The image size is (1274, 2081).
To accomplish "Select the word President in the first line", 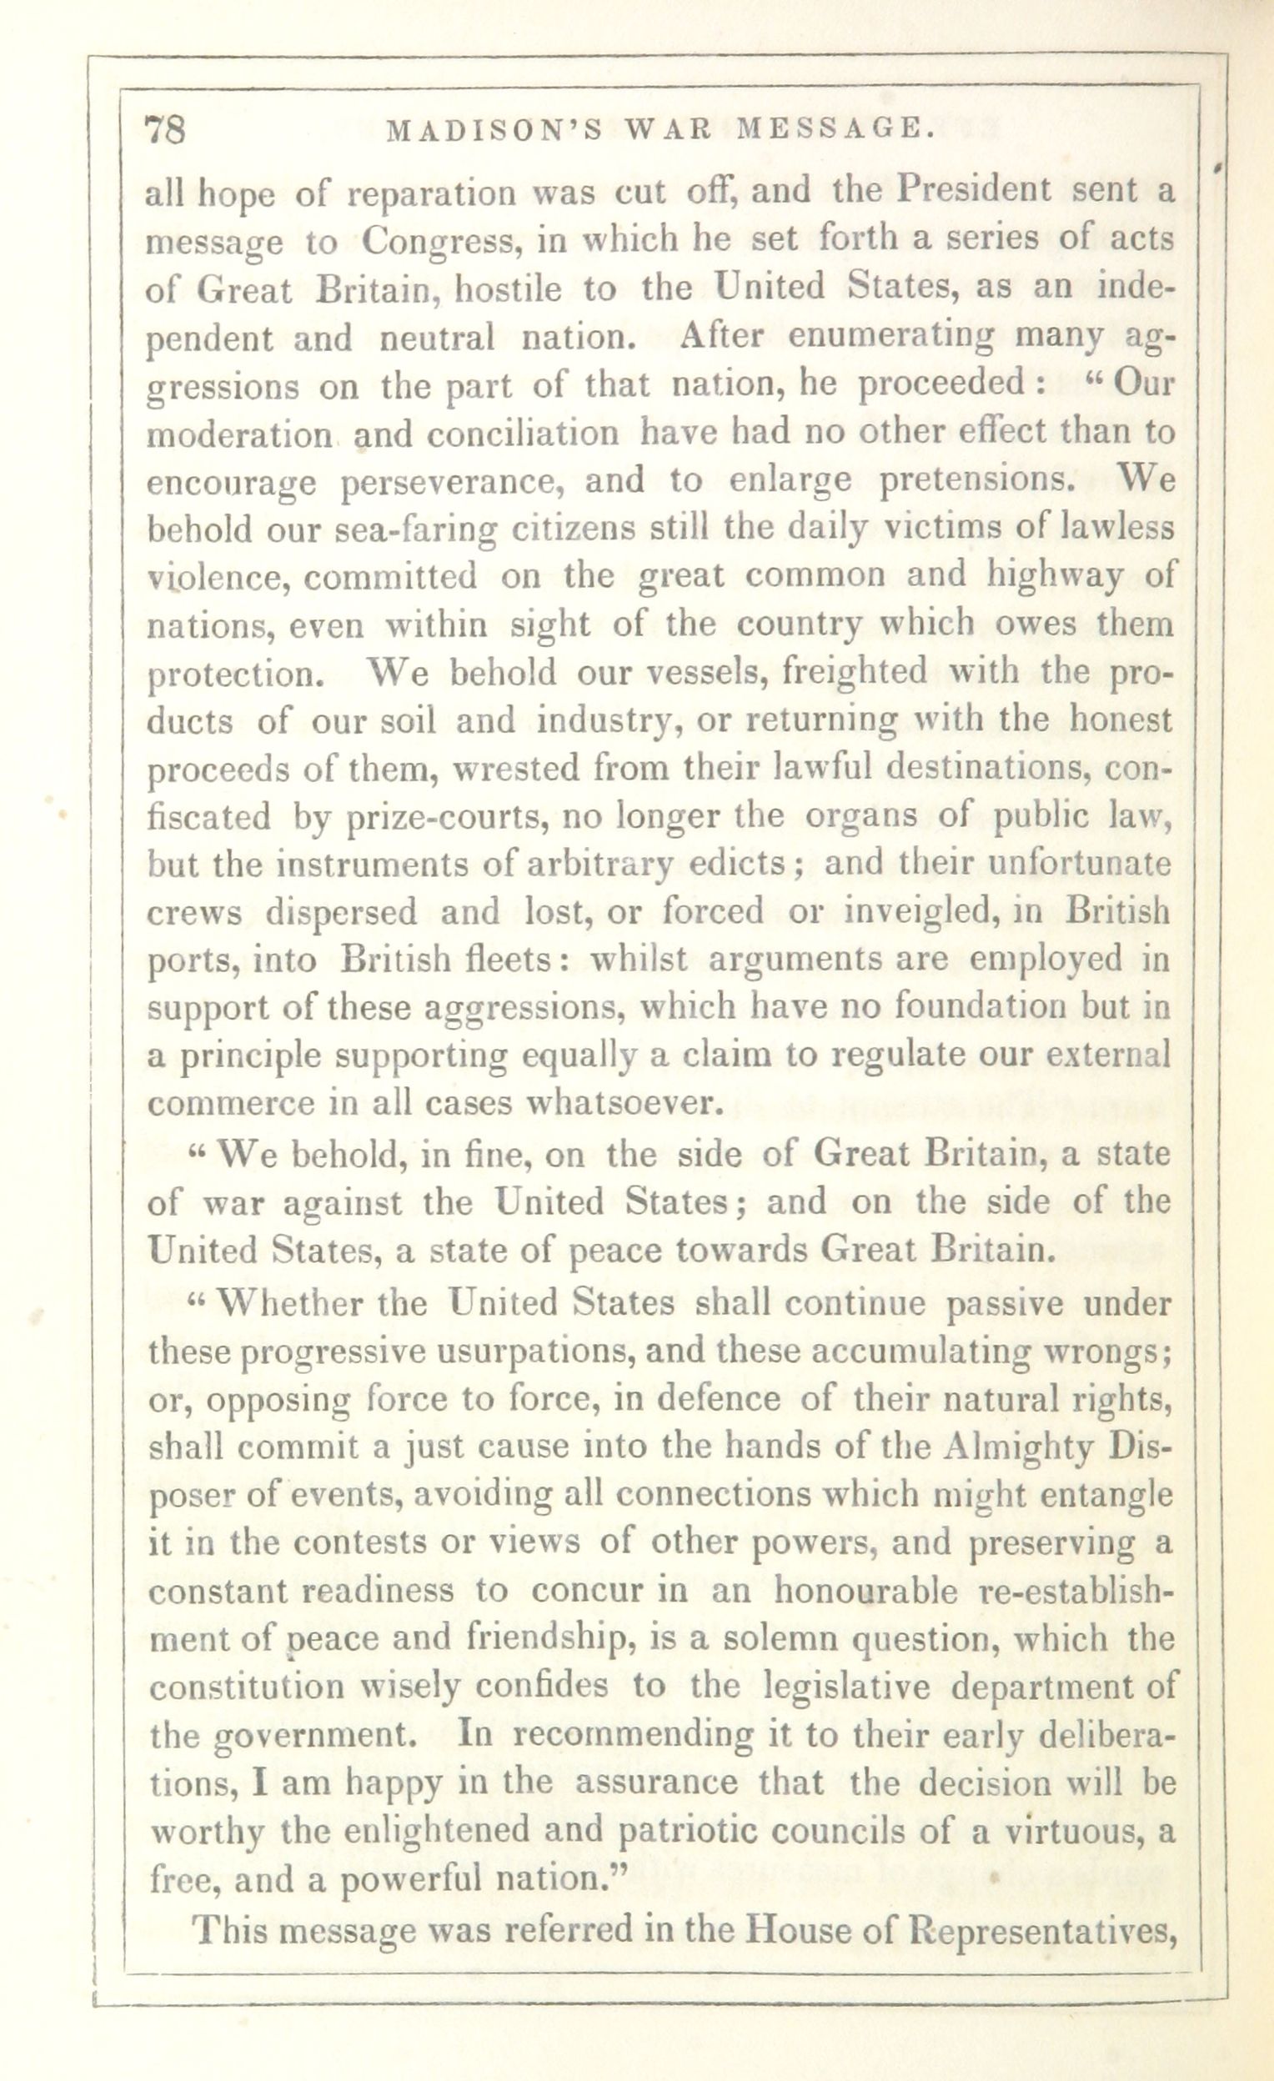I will [x=973, y=191].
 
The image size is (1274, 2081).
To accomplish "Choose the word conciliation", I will [x=522, y=433].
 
